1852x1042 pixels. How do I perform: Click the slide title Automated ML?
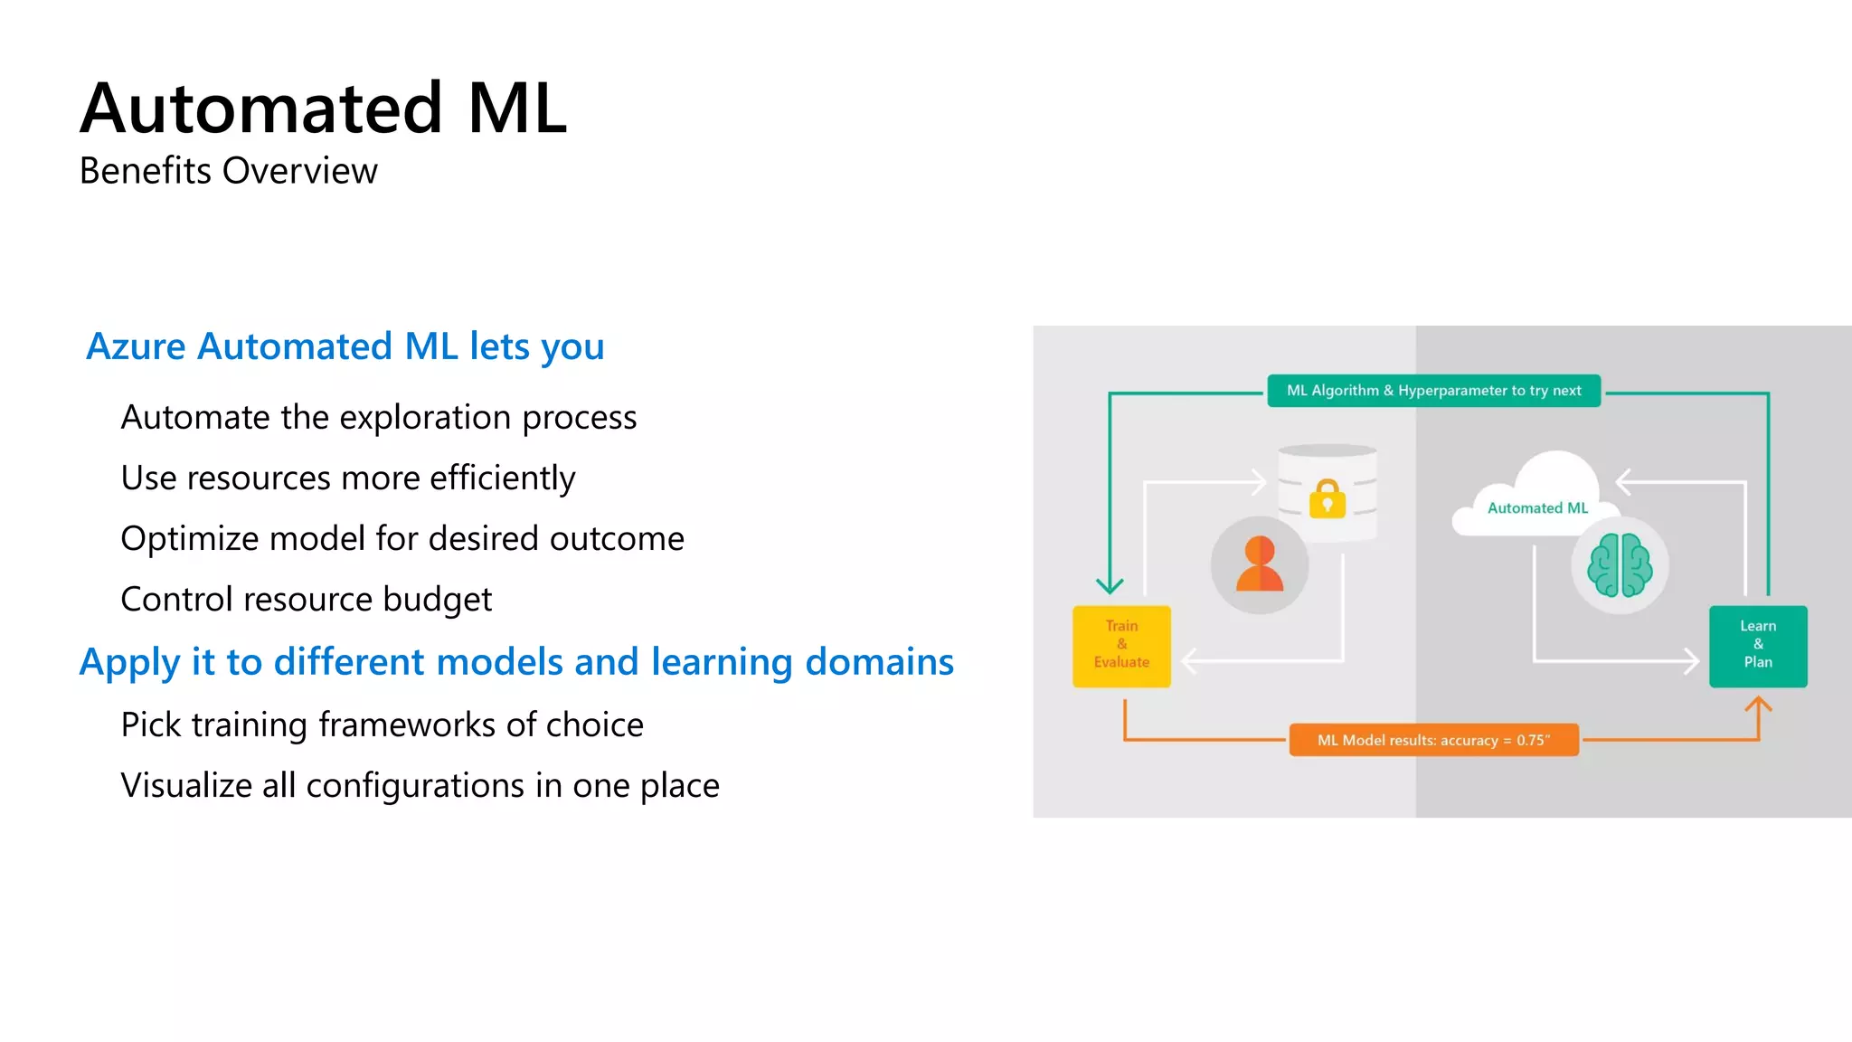(324, 109)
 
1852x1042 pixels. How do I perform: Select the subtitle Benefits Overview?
(228, 171)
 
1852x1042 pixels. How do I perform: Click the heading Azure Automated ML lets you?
(345, 346)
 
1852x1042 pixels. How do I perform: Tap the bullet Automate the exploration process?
(378, 417)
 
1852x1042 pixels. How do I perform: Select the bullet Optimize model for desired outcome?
(402, 538)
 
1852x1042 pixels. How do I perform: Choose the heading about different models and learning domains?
(516, 662)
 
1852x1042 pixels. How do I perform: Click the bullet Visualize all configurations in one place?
(420, 785)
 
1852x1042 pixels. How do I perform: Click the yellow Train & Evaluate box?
(1121, 645)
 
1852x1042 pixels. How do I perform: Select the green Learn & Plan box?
(1757, 645)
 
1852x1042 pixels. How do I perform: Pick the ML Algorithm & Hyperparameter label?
(1433, 391)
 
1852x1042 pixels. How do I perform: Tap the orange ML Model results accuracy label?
(1433, 740)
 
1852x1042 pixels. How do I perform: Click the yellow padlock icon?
(1327, 498)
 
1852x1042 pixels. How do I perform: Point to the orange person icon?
(1259, 564)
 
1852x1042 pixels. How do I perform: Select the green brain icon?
(1620, 565)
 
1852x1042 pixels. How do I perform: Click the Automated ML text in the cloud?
(1537, 508)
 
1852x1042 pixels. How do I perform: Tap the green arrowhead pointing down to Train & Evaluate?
(1110, 585)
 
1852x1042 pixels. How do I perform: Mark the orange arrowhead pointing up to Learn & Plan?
(1757, 704)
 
